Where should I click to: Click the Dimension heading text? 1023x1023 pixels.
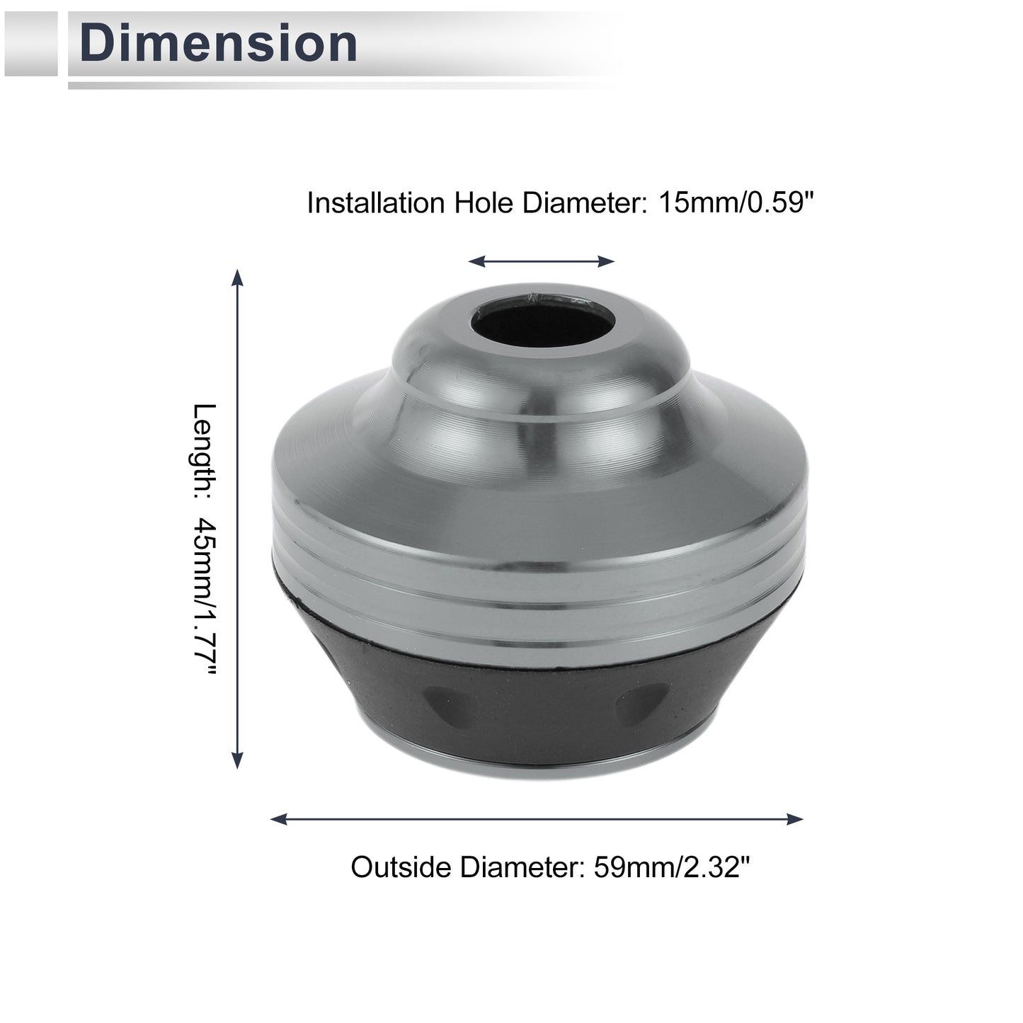pos(218,43)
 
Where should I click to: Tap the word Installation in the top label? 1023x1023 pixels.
pos(376,202)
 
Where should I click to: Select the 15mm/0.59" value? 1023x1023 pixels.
pos(736,202)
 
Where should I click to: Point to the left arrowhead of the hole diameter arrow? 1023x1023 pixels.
pos(476,261)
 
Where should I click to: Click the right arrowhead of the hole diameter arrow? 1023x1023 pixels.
pos(606,261)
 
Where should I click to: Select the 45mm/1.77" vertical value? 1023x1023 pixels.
pos(205,598)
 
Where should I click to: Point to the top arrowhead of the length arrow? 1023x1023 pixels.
pos(238,277)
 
